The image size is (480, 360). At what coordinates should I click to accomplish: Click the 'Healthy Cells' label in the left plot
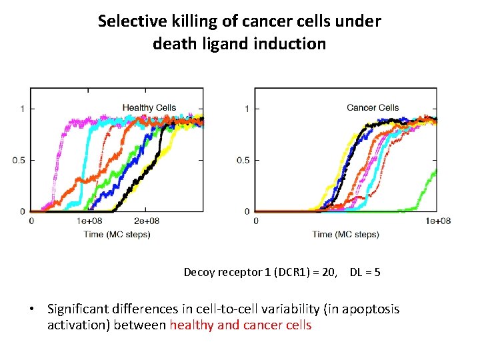pos(149,107)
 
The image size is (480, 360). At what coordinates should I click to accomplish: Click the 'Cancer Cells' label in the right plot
pos(373,107)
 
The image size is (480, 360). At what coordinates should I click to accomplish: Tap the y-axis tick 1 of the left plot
pos(23,109)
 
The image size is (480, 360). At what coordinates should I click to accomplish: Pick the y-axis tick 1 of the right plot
pos(247,109)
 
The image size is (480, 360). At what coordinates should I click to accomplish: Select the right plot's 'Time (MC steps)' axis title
pos(346,234)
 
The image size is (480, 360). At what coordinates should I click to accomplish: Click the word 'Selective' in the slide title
pos(129,21)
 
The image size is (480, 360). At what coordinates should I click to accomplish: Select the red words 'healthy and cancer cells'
pos(241,325)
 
